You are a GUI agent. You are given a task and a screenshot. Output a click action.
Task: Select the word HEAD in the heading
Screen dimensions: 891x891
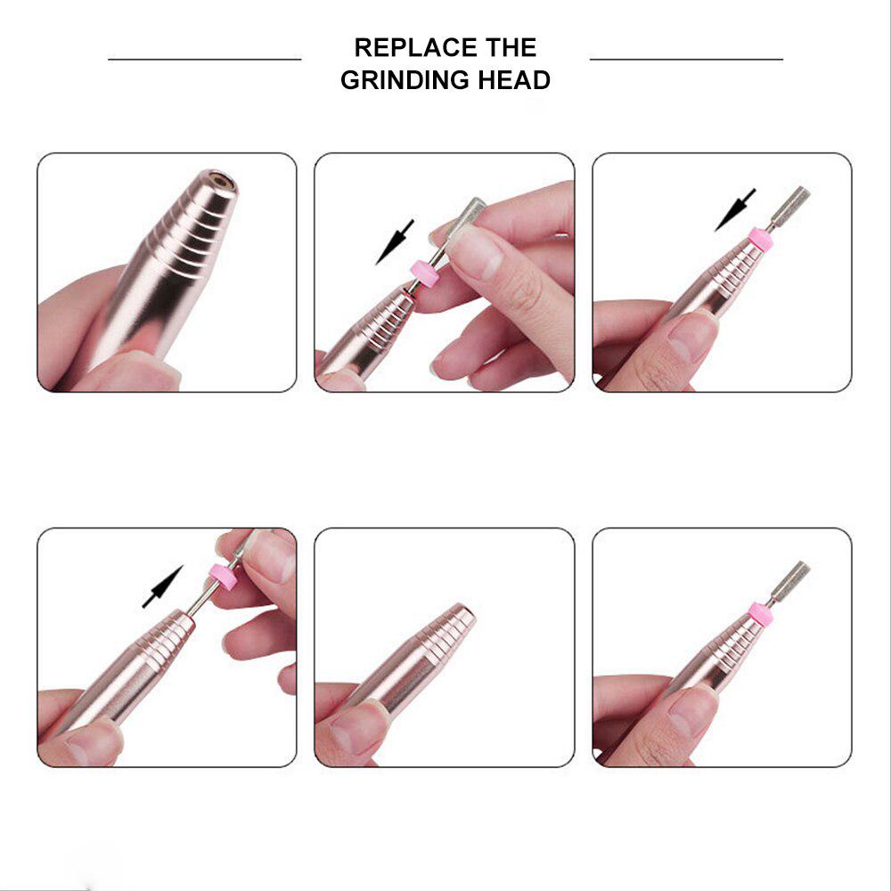coord(514,80)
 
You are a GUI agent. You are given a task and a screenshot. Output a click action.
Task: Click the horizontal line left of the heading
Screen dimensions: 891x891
coord(205,59)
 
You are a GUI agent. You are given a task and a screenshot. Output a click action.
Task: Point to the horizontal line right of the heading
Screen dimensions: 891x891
coord(686,59)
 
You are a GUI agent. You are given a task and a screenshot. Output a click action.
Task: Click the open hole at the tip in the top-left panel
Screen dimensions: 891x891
coord(222,181)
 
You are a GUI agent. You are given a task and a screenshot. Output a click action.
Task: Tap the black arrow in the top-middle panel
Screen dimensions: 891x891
coord(395,242)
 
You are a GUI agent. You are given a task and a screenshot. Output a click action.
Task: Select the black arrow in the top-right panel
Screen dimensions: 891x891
coord(735,210)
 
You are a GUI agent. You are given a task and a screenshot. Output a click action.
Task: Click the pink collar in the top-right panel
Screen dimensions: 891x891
coord(760,239)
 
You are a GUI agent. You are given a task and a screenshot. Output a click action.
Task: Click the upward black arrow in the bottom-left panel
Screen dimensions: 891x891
coord(162,587)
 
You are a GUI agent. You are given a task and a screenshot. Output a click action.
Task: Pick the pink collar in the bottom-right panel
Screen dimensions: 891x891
coord(760,614)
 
